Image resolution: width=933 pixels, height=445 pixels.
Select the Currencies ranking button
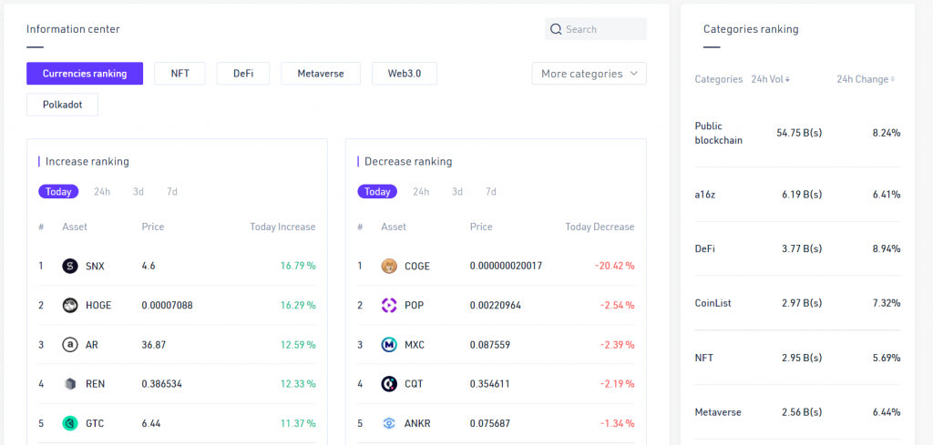pyautogui.click(x=85, y=74)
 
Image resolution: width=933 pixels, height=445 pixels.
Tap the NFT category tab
pyautogui.click(x=179, y=74)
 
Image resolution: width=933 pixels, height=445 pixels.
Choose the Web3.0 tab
pyautogui.click(x=404, y=74)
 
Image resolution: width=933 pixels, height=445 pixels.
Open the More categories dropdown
pyautogui.click(x=589, y=74)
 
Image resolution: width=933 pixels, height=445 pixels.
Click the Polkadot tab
pyautogui.click(x=62, y=105)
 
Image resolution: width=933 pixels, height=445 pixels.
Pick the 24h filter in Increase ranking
pyautogui.click(x=102, y=192)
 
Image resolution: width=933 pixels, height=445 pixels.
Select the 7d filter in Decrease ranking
pyautogui.click(x=491, y=192)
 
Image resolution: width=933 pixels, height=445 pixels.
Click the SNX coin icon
pyautogui.click(x=70, y=267)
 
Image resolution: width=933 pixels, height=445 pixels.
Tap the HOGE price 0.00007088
pyautogui.click(x=167, y=306)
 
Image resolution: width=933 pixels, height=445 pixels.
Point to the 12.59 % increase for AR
pyautogui.click(x=298, y=345)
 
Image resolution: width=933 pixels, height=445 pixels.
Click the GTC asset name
pyautogui.click(x=96, y=423)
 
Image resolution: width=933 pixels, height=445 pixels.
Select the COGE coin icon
pyautogui.click(x=389, y=267)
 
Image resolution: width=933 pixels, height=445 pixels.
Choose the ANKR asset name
pyautogui.click(x=418, y=423)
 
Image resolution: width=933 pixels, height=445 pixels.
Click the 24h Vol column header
pyautogui.click(x=770, y=79)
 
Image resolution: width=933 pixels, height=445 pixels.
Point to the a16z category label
pyautogui.click(x=705, y=195)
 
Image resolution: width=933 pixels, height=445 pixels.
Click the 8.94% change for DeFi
pyautogui.click(x=886, y=249)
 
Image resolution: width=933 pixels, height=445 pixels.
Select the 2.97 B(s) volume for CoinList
pyautogui.click(x=801, y=303)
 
